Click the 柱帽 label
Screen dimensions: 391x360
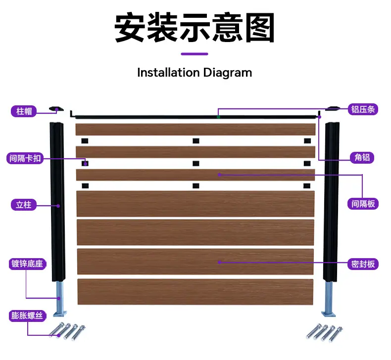(x=24, y=111)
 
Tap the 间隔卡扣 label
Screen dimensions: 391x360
(x=25, y=158)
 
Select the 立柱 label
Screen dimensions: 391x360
(x=24, y=205)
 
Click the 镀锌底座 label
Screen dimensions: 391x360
(x=27, y=264)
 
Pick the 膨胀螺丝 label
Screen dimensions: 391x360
(x=27, y=315)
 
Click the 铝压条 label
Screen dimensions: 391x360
(x=363, y=109)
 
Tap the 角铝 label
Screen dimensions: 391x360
(x=362, y=157)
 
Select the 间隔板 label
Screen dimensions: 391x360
(x=363, y=204)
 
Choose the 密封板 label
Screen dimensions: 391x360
(x=363, y=264)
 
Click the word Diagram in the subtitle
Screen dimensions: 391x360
(x=227, y=73)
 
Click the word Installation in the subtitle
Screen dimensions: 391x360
(x=169, y=73)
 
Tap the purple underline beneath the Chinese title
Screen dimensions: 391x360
(x=195, y=54)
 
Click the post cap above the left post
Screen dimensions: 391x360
(x=56, y=109)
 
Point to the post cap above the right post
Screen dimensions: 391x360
(x=333, y=108)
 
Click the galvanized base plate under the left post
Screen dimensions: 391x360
(x=60, y=314)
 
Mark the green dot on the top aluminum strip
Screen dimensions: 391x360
(x=218, y=117)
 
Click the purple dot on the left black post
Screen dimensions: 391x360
(x=58, y=206)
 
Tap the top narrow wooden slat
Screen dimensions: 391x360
(x=195, y=129)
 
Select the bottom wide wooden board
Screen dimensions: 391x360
(x=195, y=292)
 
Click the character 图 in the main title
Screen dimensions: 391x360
(x=260, y=27)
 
